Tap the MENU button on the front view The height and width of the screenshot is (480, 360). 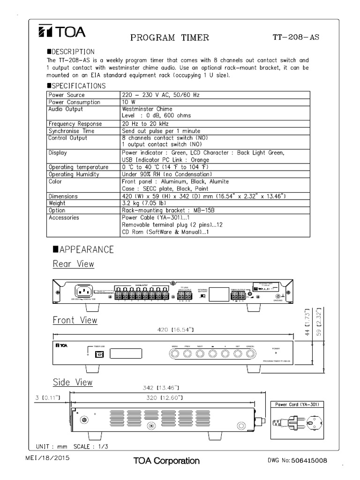174,354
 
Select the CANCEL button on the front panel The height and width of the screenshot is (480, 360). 250,354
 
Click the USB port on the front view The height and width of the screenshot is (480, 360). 99,354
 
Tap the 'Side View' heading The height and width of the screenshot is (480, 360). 73,382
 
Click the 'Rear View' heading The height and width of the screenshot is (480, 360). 73,264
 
